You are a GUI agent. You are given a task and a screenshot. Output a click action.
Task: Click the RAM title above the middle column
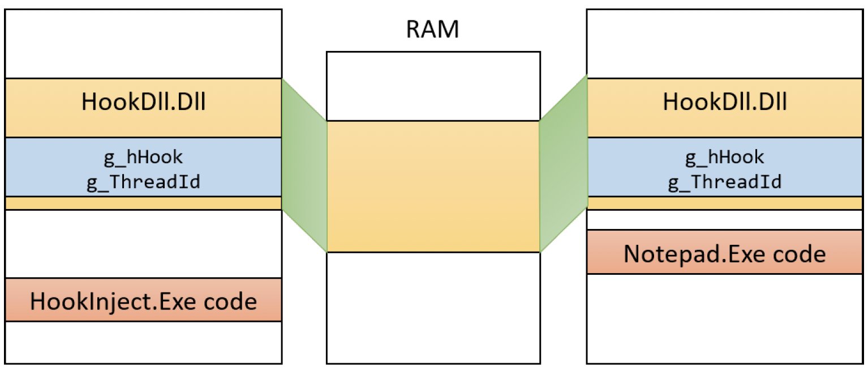pos(433,30)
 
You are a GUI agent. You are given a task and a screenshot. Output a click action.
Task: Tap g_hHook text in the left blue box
pos(143,157)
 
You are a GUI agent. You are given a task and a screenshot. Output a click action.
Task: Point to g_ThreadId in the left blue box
pos(143,182)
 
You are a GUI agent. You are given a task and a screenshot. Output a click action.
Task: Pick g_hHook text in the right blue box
pos(725,157)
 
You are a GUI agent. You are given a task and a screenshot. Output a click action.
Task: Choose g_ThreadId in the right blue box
pos(725,182)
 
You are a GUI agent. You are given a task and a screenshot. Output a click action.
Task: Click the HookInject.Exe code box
pos(143,300)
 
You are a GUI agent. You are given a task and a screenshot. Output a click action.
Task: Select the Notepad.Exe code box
pos(725,252)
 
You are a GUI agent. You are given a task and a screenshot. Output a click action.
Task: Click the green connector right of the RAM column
pos(563,164)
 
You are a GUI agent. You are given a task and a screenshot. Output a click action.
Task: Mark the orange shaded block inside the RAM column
pos(433,186)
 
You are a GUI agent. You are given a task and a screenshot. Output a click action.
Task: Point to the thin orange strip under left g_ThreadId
pos(143,203)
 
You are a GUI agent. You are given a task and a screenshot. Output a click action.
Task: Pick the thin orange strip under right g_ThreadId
pos(725,203)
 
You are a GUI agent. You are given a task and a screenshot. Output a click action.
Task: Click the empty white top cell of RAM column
pos(433,86)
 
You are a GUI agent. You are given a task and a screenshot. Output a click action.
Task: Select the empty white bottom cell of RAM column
pos(433,307)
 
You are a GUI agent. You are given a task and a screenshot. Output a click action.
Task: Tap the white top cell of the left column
pos(143,44)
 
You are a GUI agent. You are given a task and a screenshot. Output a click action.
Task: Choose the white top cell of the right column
pos(725,44)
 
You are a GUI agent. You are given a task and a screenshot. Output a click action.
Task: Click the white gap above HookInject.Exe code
pos(143,244)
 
